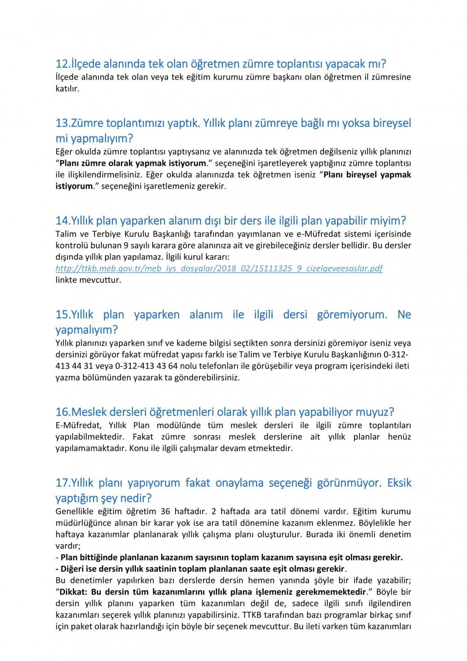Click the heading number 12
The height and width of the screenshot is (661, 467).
(x=62, y=64)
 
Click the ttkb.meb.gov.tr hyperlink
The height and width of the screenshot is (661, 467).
(x=219, y=269)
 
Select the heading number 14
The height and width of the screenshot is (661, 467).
(x=62, y=221)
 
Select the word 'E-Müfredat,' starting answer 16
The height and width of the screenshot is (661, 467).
(x=78, y=426)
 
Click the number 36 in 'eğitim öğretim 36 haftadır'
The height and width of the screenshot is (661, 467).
(x=165, y=512)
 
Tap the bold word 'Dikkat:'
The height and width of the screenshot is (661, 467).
(x=73, y=592)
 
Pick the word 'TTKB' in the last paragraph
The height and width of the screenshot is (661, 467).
(x=252, y=615)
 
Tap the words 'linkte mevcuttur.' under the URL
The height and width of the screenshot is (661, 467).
(x=88, y=280)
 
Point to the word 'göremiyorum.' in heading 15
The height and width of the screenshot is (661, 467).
(x=352, y=315)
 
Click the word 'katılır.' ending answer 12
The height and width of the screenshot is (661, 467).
(x=68, y=89)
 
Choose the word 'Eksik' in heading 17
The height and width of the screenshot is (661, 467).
(x=399, y=483)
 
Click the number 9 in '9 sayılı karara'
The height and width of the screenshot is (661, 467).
(x=126, y=246)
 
